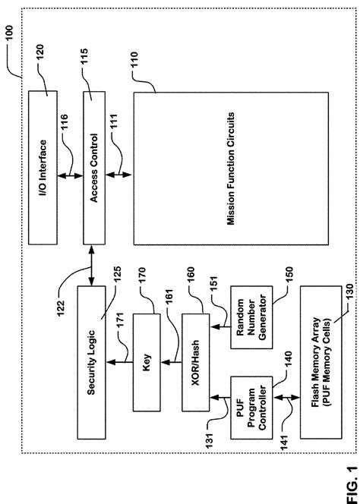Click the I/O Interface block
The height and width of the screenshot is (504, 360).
pyautogui.click(x=47, y=166)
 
